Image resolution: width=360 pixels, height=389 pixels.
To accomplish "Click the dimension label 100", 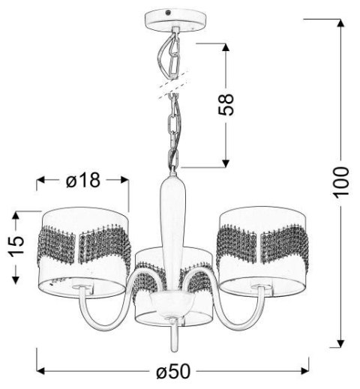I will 341,181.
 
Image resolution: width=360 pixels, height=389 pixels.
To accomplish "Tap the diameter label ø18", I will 83,181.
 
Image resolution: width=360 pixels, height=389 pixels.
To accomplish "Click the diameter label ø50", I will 173,372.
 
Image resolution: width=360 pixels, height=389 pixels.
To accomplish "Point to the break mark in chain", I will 172,88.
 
